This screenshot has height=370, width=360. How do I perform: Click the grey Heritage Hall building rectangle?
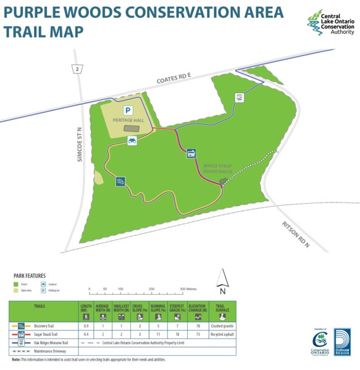tap(130, 128)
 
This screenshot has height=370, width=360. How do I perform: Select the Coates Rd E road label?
tap(174, 79)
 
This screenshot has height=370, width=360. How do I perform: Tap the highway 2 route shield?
tap(77, 69)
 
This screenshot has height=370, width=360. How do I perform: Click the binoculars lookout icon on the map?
tap(132, 142)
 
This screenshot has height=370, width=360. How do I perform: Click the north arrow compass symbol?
tap(223, 282)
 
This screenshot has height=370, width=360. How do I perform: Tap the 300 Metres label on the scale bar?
tap(187, 288)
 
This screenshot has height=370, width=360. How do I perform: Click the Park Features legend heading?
tap(30, 276)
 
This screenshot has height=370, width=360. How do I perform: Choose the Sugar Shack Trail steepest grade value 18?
tap(177, 334)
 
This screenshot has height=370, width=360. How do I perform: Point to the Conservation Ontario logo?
tap(320, 343)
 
